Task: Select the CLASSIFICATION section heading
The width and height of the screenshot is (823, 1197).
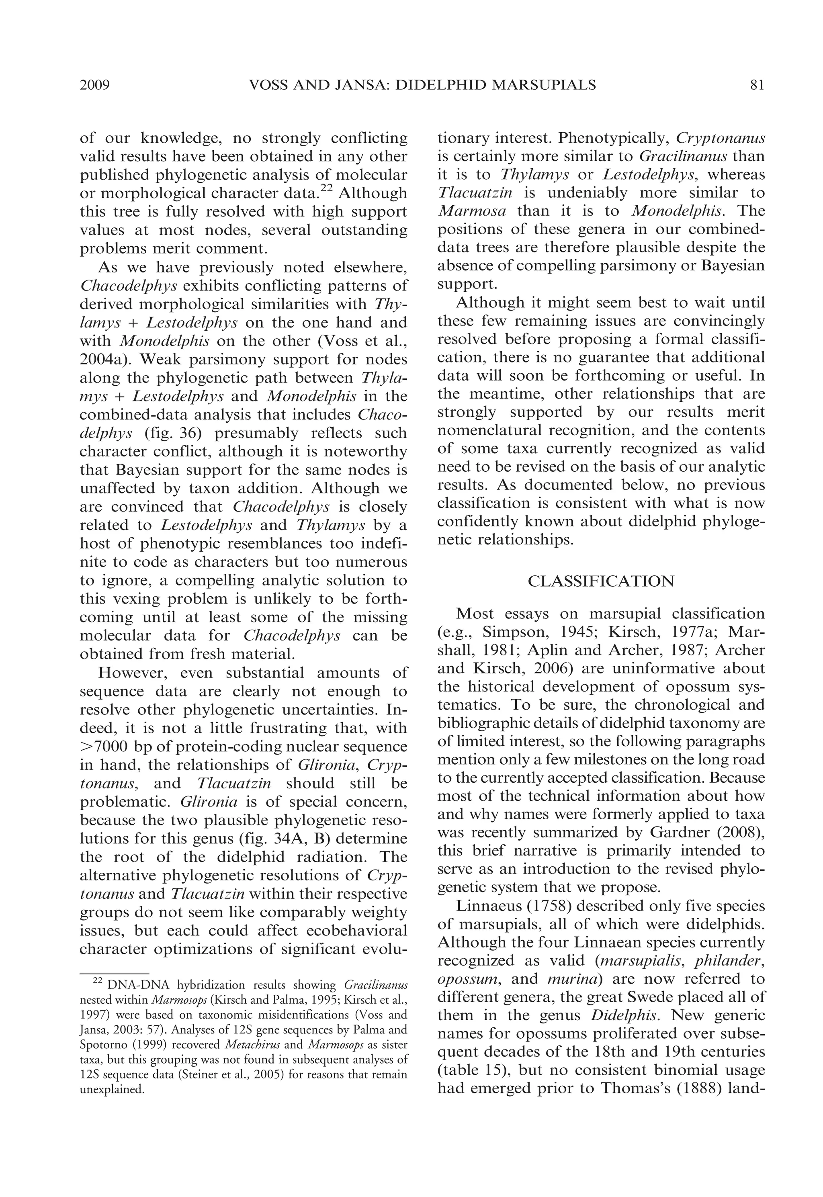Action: coord(601,581)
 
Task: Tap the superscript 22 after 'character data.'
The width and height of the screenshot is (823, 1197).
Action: coord(328,189)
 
